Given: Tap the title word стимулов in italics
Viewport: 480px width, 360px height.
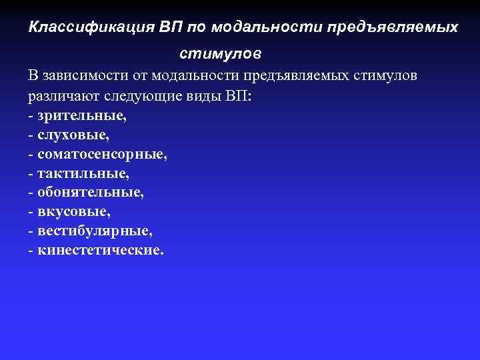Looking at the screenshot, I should (x=221, y=51).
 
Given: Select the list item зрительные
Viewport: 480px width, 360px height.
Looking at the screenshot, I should (x=82, y=115).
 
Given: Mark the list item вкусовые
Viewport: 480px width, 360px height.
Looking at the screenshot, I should (x=74, y=212).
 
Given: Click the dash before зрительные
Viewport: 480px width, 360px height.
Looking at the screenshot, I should (x=31, y=116).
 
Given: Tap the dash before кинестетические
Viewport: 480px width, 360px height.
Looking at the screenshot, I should (x=31, y=251).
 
